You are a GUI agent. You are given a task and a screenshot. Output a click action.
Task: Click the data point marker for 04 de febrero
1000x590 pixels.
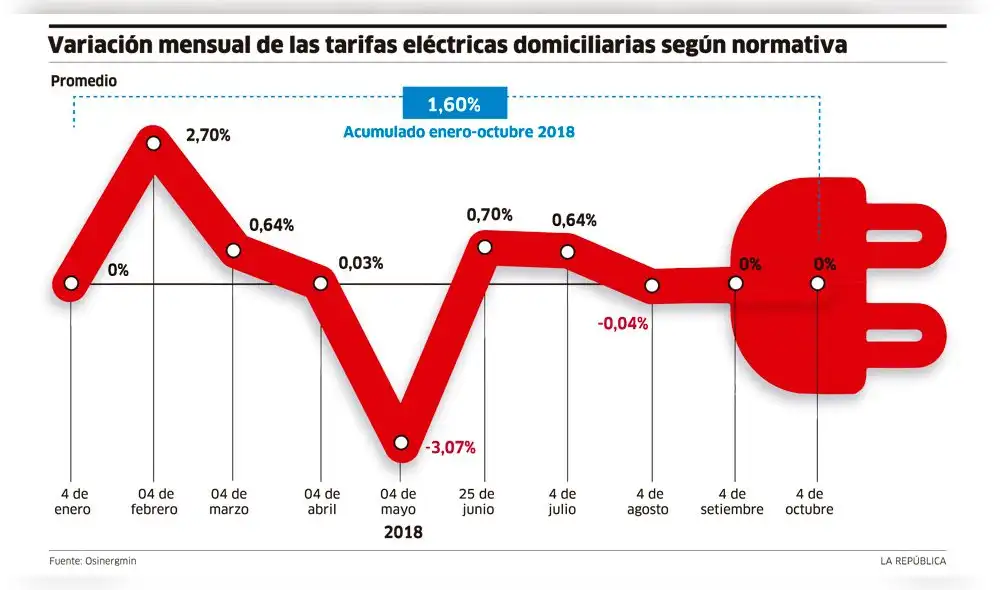click(x=154, y=143)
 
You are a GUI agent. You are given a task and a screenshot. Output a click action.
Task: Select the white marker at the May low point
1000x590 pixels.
click(x=401, y=442)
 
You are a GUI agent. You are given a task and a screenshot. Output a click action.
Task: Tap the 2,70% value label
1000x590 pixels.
click(x=208, y=135)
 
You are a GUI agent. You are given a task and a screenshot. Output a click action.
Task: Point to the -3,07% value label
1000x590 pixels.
click(x=451, y=447)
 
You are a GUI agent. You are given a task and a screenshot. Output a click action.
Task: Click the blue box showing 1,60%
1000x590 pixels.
click(x=455, y=104)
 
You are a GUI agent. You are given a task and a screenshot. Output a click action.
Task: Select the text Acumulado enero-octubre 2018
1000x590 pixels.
click(x=459, y=132)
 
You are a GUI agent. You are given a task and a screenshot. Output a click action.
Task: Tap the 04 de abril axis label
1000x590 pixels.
click(x=320, y=501)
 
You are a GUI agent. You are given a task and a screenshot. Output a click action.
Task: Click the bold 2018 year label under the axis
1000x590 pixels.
click(x=403, y=533)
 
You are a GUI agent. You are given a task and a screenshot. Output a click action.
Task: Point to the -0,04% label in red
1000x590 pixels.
click(x=623, y=323)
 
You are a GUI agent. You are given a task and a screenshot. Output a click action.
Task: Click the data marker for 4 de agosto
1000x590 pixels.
click(x=652, y=285)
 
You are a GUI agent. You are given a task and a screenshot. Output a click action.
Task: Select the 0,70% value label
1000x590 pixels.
click(x=490, y=215)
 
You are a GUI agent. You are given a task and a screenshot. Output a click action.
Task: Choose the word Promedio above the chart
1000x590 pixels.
click(x=84, y=80)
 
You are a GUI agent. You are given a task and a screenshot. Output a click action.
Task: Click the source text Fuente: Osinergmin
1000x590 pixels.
click(x=93, y=561)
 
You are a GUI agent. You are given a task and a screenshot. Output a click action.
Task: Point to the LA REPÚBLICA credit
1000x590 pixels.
click(x=913, y=561)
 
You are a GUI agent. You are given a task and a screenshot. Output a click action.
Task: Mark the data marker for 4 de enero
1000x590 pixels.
click(x=71, y=283)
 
